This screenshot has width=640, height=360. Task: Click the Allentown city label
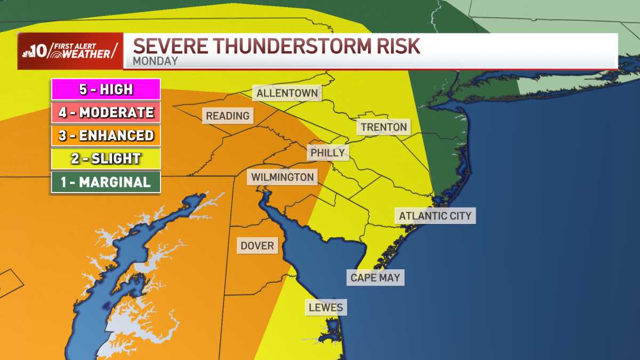click(287, 93)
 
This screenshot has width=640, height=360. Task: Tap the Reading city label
click(228, 116)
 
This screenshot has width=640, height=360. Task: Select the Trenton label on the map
click(384, 127)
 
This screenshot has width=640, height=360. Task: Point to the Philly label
click(328, 153)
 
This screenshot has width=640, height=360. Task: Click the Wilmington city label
click(283, 177)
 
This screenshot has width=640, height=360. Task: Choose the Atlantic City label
click(435, 216)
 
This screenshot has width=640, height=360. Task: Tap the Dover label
click(257, 246)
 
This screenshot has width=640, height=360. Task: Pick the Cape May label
click(375, 278)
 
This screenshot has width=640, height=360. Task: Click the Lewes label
click(326, 308)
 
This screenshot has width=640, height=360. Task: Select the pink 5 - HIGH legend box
click(106, 89)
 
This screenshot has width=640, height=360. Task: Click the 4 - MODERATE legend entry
click(106, 113)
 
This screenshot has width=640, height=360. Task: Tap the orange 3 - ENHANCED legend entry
click(106, 135)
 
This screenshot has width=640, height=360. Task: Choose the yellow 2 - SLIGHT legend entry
click(106, 158)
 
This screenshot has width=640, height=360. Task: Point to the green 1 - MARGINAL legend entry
click(106, 182)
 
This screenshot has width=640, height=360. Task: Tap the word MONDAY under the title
click(155, 61)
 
